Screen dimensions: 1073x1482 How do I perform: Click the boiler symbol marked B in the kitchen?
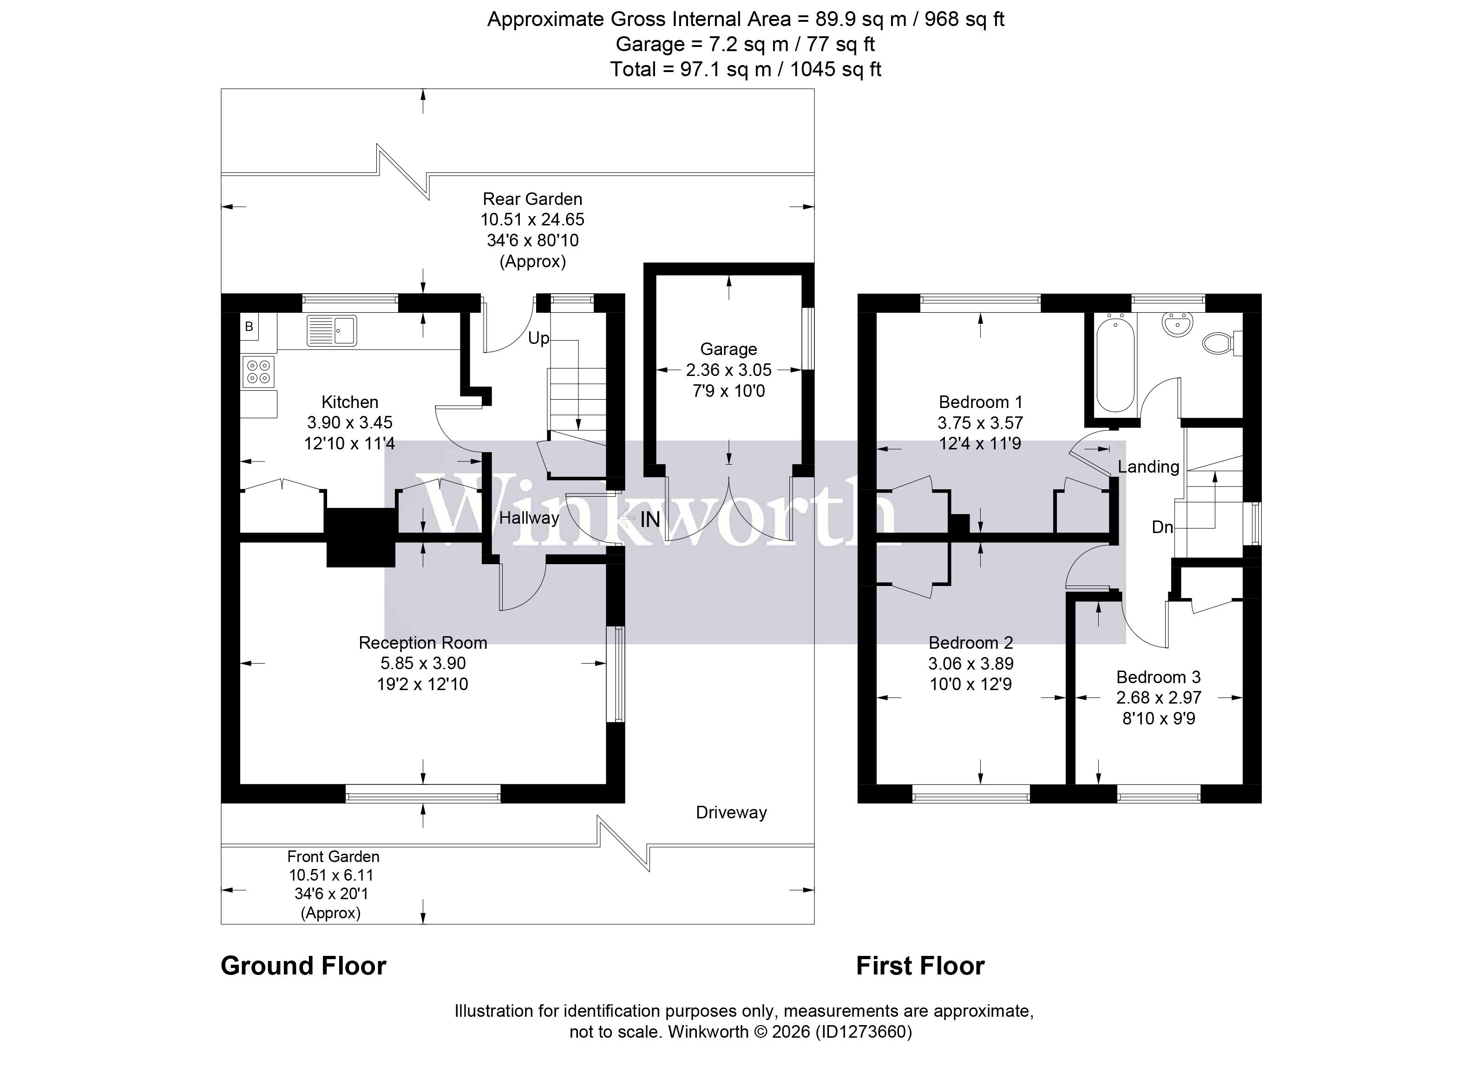[249, 327]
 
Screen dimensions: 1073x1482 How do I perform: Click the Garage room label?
[728, 349]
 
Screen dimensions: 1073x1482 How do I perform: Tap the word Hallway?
[529, 518]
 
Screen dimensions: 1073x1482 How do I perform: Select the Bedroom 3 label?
[1159, 677]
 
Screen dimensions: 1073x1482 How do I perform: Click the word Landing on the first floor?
[1148, 467]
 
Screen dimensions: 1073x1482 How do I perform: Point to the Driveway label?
[731, 812]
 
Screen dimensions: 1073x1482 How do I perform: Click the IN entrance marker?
[649, 520]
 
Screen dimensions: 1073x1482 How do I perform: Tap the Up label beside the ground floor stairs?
[539, 338]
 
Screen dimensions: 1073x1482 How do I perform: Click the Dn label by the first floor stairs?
[1162, 527]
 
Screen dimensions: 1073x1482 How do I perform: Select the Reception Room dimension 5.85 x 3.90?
[423, 663]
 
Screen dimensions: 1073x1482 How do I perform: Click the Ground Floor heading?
[303, 966]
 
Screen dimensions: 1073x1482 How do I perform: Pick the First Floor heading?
[920, 966]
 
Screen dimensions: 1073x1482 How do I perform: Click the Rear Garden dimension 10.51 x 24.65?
[532, 219]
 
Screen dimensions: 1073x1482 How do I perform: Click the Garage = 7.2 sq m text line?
[745, 45]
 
